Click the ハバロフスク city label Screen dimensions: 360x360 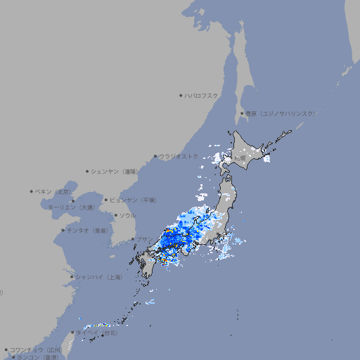pos(202,95)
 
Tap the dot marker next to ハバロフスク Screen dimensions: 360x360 pos(181,95)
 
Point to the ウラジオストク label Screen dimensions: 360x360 pos(178,156)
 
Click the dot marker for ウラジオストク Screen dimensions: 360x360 pos(155,156)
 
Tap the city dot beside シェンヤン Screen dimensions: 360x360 pos(87,171)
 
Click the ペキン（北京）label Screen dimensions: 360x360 pos(53,191)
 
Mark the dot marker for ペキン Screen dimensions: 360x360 pos(32,191)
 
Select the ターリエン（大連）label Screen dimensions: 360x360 pos(71,207)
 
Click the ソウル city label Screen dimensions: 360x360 pos(127,215)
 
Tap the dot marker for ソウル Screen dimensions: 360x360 pos(115,215)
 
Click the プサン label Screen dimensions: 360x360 pos(143,239)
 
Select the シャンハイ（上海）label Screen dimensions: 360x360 pos(98,277)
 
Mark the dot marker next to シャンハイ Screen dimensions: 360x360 pos(72,277)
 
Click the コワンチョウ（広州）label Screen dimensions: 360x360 pos(35,349)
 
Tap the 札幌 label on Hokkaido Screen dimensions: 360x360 pos(240,158)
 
